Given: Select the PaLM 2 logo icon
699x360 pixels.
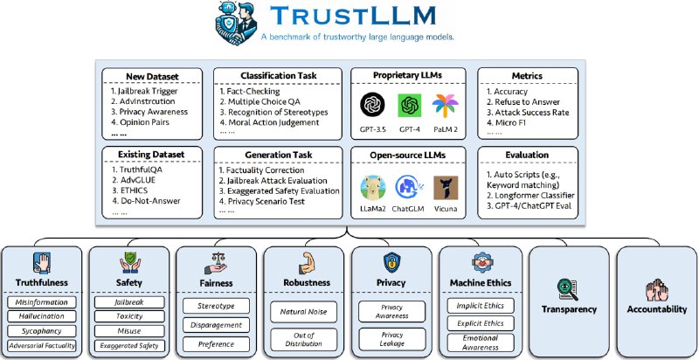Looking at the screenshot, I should coord(450,104).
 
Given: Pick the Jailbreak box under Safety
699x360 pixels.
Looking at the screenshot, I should coord(128,301).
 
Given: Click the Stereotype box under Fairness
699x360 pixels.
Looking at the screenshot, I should coord(215,305).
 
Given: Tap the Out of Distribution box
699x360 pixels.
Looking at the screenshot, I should coord(302,339).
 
